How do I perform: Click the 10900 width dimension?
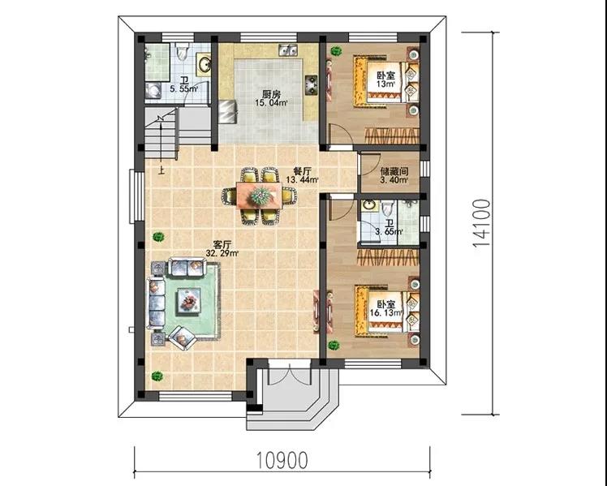tap(282, 460)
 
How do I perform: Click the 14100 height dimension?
tap(481, 223)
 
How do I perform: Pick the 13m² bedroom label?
tap(386, 79)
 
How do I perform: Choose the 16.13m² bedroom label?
tap(386, 308)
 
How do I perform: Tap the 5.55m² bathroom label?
tap(184, 84)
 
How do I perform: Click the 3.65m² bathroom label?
tap(389, 228)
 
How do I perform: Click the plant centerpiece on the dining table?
tap(260, 196)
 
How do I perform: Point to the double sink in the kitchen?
tap(287, 50)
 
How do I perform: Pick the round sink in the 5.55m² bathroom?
tap(204, 64)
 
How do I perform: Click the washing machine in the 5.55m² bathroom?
tap(153, 91)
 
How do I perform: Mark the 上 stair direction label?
tap(161, 170)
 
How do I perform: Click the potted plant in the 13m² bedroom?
tap(336, 50)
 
